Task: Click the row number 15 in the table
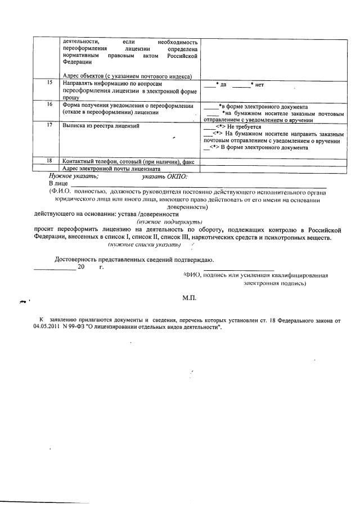pyautogui.click(x=49, y=83)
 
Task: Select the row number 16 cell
pyautogui.click(x=49, y=105)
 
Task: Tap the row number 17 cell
pyautogui.click(x=49, y=126)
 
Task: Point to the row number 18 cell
pyautogui.click(x=49, y=161)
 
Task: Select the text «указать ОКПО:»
pyautogui.click(x=165, y=176)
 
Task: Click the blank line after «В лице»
pyautogui.click(x=197, y=185)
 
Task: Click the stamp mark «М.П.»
pyautogui.click(x=188, y=297)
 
